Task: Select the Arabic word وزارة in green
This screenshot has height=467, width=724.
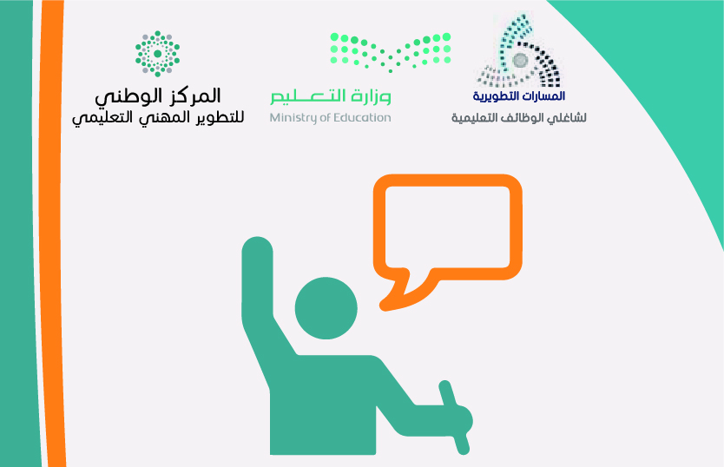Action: [x=371, y=95]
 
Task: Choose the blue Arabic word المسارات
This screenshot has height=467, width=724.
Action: [x=546, y=96]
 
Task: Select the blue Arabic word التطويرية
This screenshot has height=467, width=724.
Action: [x=498, y=96]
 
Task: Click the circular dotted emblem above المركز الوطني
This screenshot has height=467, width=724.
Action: [x=157, y=54]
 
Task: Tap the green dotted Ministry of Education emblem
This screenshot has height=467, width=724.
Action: [x=391, y=52]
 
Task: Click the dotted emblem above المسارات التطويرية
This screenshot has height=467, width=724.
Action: [x=519, y=51]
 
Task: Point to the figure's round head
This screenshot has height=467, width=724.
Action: [x=326, y=308]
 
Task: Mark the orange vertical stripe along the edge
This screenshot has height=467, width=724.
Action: [x=51, y=233]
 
